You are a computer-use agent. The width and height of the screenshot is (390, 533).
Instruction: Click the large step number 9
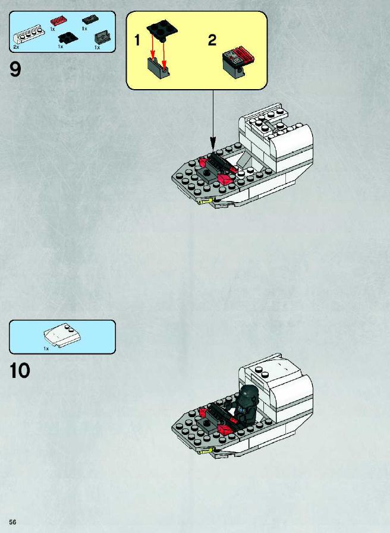[15, 69]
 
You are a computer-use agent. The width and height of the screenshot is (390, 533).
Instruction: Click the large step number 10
[20, 371]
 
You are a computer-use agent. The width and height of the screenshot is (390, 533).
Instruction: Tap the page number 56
[12, 522]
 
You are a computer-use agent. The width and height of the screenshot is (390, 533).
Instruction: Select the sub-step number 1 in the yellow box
[137, 40]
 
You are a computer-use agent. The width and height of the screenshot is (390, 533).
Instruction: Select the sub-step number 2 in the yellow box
[212, 40]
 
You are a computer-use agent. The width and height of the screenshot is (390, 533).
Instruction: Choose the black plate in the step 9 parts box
[68, 37]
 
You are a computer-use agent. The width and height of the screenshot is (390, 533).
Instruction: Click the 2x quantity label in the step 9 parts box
[16, 48]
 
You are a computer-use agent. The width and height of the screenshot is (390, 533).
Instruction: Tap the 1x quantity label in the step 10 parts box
[46, 348]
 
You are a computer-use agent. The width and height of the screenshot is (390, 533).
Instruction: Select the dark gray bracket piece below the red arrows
[159, 68]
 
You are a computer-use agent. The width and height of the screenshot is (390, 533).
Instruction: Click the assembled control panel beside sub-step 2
[238, 62]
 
